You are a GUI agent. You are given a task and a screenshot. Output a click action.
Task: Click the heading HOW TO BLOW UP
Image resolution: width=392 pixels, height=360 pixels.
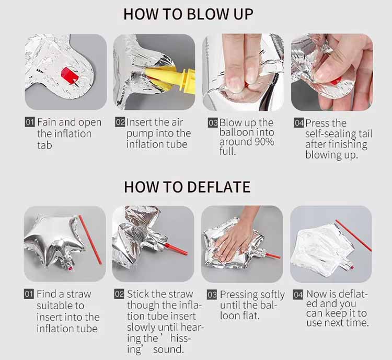point(188,14)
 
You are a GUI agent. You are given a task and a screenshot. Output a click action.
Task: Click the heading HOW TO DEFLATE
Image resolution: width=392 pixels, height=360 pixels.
point(187,187)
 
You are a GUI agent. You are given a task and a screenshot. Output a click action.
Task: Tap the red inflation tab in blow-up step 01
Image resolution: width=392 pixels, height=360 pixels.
point(70,75)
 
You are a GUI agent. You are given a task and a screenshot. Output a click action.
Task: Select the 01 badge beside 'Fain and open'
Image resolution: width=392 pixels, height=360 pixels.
point(30,122)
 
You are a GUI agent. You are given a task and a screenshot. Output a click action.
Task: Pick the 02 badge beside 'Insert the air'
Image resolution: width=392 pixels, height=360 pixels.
point(120,122)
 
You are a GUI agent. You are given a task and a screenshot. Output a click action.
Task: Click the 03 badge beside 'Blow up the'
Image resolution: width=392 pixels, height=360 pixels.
point(213,122)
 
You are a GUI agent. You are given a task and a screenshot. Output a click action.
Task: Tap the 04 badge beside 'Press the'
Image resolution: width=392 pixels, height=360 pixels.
point(299,123)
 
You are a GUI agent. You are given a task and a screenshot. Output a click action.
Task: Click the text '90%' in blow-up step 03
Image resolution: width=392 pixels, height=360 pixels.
point(264,142)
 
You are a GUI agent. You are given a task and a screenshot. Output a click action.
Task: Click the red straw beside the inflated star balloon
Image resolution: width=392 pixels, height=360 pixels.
point(90,240)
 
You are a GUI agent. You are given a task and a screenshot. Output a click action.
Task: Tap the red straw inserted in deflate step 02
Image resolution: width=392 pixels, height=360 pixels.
point(176,249)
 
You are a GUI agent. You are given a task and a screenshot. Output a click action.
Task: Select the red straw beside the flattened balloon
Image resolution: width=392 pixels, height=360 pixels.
point(353,235)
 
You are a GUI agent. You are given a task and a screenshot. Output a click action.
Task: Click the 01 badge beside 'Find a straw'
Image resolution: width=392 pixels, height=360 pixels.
point(29,294)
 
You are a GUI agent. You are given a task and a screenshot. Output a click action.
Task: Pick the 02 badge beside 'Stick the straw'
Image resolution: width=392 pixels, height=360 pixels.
point(119,294)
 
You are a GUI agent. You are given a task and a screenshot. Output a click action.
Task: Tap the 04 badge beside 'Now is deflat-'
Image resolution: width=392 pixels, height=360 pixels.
point(298,295)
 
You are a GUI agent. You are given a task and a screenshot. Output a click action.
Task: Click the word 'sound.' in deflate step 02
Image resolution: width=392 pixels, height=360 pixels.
point(168,349)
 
